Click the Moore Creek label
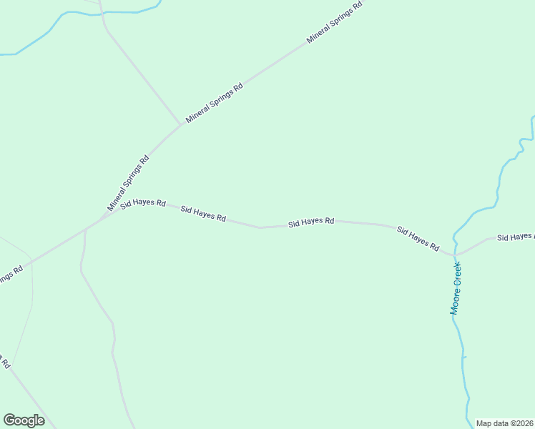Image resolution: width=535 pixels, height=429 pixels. point(456,289)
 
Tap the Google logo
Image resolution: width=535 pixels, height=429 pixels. point(24,420)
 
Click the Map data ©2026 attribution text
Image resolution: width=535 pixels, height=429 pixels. point(505,423)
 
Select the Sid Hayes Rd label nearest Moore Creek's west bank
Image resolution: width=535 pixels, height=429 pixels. point(418,239)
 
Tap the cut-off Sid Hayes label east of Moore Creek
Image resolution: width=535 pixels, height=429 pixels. point(515,236)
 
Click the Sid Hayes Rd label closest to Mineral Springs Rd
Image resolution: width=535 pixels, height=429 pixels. point(143,204)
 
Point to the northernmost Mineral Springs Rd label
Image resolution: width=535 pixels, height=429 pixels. point(335,23)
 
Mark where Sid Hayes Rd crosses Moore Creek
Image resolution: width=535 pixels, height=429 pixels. point(454,254)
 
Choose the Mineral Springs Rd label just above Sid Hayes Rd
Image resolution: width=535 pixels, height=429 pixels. point(128,183)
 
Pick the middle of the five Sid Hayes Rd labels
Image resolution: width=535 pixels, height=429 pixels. point(311,222)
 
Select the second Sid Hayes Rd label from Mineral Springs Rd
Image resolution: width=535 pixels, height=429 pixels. point(203,213)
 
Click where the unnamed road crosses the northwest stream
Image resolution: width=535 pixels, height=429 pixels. point(101,13)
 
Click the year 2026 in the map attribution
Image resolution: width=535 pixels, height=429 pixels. point(524,423)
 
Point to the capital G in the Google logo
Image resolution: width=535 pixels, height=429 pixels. point(9,420)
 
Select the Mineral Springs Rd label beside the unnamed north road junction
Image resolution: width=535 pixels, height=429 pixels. point(214,103)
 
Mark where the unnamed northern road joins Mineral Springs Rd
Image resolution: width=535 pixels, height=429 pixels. point(180,124)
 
